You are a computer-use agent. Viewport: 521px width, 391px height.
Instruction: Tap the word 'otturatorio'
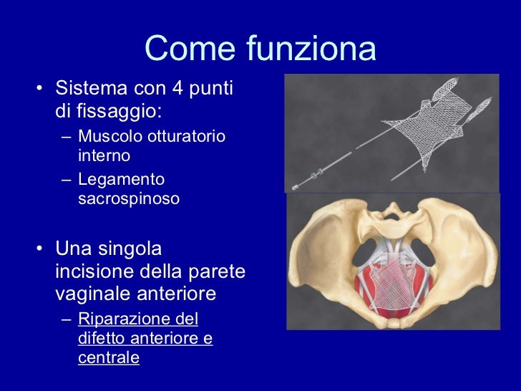click(x=188, y=136)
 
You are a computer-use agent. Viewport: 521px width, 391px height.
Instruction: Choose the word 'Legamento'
click(x=121, y=179)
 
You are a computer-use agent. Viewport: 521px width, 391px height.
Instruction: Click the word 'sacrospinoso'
click(x=128, y=198)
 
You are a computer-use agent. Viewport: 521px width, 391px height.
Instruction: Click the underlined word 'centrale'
click(x=108, y=357)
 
